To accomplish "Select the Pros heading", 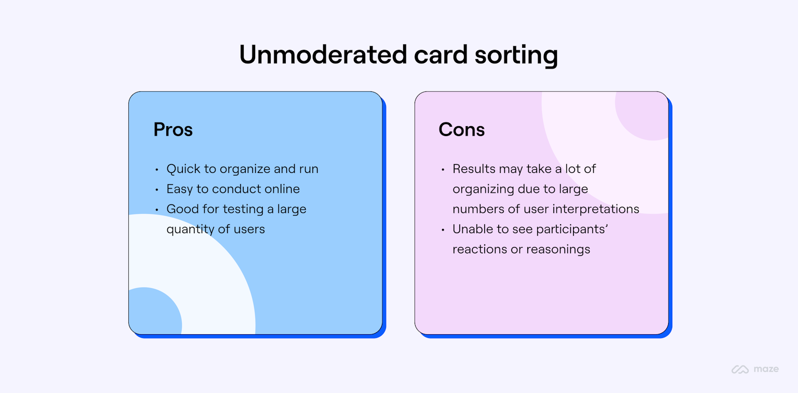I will coord(173,129).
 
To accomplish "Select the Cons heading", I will coord(461,129).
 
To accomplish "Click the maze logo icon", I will coord(740,369).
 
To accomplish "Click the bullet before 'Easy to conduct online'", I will coord(157,189).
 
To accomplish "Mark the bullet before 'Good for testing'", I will coord(157,210).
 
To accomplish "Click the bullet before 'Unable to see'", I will coord(443,229).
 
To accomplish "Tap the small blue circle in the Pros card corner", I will coord(153,311).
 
